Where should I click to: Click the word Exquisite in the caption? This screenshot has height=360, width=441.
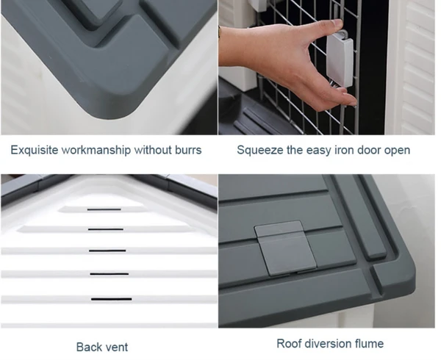(34, 151)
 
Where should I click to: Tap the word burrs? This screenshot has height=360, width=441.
(186, 151)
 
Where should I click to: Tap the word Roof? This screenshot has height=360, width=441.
(289, 343)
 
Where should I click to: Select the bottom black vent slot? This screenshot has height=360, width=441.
(111, 299)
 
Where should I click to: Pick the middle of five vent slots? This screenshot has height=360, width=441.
(108, 251)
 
